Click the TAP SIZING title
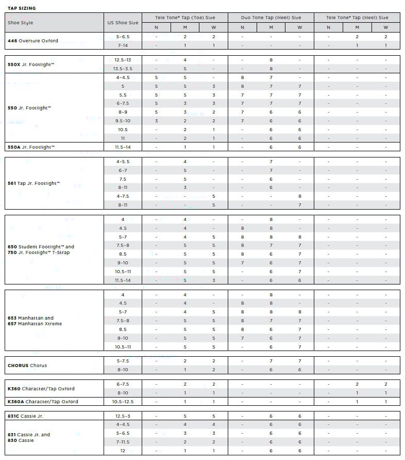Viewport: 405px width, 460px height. point(22,8)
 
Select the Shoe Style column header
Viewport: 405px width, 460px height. point(20,23)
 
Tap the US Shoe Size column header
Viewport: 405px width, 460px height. point(123,23)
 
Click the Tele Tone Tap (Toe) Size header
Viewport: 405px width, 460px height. point(184,18)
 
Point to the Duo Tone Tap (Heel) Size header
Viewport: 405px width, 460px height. point(271,18)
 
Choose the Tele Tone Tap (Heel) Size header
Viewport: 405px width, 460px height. point(357,18)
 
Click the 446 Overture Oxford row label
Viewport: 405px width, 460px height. point(32,41)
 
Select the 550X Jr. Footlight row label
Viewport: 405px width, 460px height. point(31,64)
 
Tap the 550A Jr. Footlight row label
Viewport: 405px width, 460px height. point(31,147)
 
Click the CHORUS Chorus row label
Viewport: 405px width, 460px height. point(27,366)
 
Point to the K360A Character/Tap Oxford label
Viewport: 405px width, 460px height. point(43,402)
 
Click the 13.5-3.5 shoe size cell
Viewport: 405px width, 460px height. point(123,69)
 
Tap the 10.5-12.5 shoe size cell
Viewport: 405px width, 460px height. point(123,402)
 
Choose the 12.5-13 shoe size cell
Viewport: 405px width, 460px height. point(123,60)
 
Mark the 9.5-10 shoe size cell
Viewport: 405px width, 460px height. point(123,121)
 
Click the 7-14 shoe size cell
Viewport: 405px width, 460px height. point(123,45)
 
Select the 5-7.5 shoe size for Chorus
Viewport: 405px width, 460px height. point(123,361)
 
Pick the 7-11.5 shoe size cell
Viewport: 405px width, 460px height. point(123,442)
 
